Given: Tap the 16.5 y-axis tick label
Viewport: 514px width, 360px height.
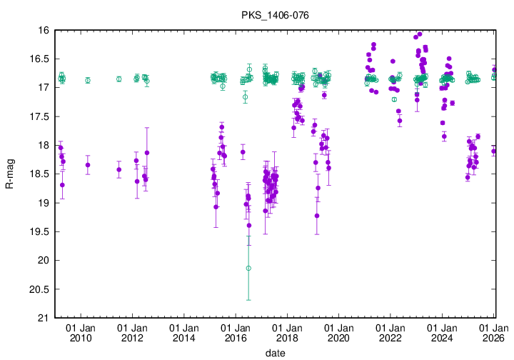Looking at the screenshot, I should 39,59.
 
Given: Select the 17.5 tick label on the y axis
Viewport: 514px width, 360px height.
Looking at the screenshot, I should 39,116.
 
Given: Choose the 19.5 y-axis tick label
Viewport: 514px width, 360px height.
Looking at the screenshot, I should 39,231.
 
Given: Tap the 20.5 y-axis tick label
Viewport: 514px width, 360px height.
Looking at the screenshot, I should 39,289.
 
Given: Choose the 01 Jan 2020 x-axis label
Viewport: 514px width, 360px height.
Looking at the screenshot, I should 338,332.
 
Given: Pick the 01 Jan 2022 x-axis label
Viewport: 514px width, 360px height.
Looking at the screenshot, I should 390,332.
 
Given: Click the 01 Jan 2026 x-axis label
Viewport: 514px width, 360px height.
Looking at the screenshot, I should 493,332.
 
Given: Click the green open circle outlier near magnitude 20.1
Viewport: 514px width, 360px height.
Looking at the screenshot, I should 248,268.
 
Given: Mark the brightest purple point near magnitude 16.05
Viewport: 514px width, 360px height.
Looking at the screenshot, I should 420,34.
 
